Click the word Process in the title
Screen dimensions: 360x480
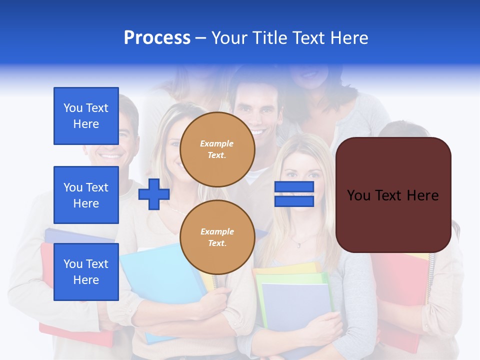pos(157,38)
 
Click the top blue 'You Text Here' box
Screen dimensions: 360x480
pos(86,116)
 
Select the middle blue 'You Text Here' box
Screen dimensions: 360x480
pos(86,195)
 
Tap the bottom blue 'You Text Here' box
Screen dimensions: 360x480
pos(86,272)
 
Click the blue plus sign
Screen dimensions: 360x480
pos(153,194)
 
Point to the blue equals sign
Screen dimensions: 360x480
pos(294,194)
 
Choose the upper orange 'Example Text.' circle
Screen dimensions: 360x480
pos(217,149)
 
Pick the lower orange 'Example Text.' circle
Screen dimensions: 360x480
pos(217,237)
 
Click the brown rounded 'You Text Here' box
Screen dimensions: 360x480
pos(393,195)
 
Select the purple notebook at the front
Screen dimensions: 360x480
pos(296,305)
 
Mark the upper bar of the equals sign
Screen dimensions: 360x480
pos(294,187)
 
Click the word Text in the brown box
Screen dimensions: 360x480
pos(391,195)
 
